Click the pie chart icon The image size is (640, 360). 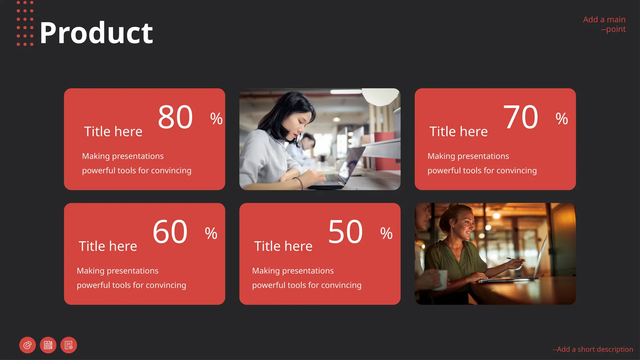(27, 345)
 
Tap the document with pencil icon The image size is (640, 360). (48, 345)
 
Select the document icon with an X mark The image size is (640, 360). (69, 345)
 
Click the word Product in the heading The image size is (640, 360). (96, 33)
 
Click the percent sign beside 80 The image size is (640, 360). (216, 119)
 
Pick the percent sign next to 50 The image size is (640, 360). (386, 233)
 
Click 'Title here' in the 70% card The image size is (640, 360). (458, 132)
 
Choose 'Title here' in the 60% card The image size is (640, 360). (108, 246)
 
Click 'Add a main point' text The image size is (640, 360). (604, 24)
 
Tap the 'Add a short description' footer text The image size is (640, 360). (593, 349)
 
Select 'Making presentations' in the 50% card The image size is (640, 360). (293, 271)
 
